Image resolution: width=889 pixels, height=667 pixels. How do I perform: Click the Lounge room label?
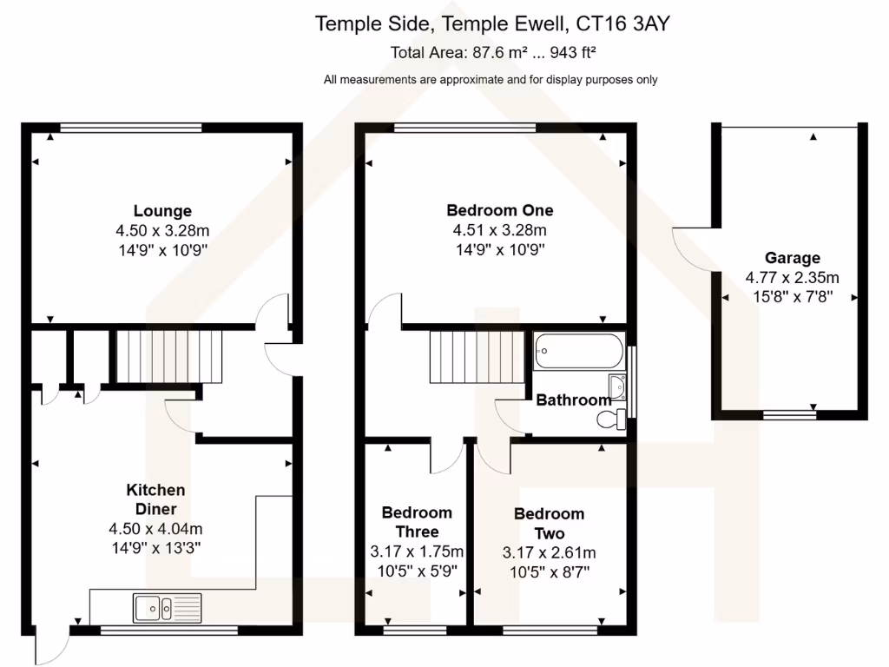(162, 211)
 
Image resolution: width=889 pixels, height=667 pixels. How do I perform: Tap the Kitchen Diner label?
(155, 499)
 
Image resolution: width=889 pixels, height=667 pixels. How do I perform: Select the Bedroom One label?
(499, 210)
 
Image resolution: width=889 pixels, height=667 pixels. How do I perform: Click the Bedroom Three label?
(417, 522)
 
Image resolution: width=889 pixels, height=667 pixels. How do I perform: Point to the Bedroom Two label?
(549, 524)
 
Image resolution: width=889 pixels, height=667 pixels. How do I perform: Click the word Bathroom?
(573, 400)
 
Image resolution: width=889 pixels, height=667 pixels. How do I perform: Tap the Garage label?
(792, 258)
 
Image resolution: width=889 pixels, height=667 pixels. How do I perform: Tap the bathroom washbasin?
(617, 385)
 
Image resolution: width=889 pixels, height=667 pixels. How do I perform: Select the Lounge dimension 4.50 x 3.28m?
(162, 231)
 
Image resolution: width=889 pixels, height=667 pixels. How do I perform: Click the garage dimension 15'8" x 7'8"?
(792, 296)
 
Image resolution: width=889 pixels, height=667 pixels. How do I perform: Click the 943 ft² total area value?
(566, 52)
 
